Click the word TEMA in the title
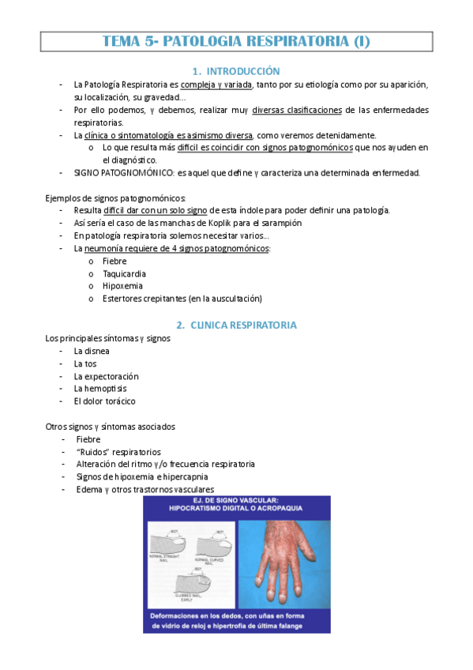(x=122, y=41)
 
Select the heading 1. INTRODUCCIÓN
(x=236, y=71)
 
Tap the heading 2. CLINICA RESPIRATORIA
(x=236, y=325)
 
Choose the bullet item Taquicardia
(x=124, y=273)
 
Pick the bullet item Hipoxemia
(x=122, y=286)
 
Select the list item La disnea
(x=92, y=350)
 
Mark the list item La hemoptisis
(x=100, y=389)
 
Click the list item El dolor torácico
(x=104, y=401)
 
